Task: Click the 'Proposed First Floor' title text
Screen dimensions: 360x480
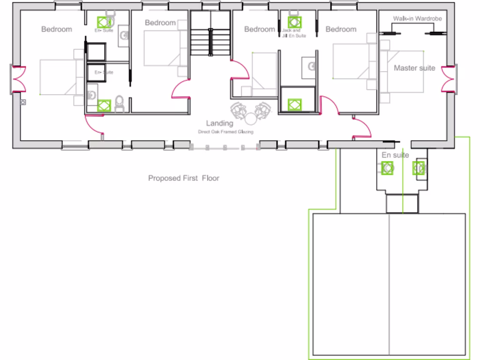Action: [184, 178]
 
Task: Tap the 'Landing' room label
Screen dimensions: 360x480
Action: [219, 123]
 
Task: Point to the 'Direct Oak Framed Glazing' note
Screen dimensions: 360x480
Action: [225, 132]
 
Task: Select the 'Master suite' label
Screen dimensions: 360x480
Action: [414, 68]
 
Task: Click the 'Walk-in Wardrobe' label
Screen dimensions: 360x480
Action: [417, 19]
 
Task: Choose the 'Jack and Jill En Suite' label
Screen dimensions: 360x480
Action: [293, 33]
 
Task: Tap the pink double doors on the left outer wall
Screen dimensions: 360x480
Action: [19, 79]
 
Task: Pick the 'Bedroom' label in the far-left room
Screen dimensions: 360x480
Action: [57, 29]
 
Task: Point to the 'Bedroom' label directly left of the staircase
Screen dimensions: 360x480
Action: [160, 22]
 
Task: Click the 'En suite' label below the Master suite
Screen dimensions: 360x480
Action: [395, 155]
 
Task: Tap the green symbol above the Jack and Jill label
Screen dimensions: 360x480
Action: [294, 22]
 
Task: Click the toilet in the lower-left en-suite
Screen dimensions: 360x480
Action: [119, 103]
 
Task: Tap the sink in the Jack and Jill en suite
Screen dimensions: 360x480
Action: [310, 66]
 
